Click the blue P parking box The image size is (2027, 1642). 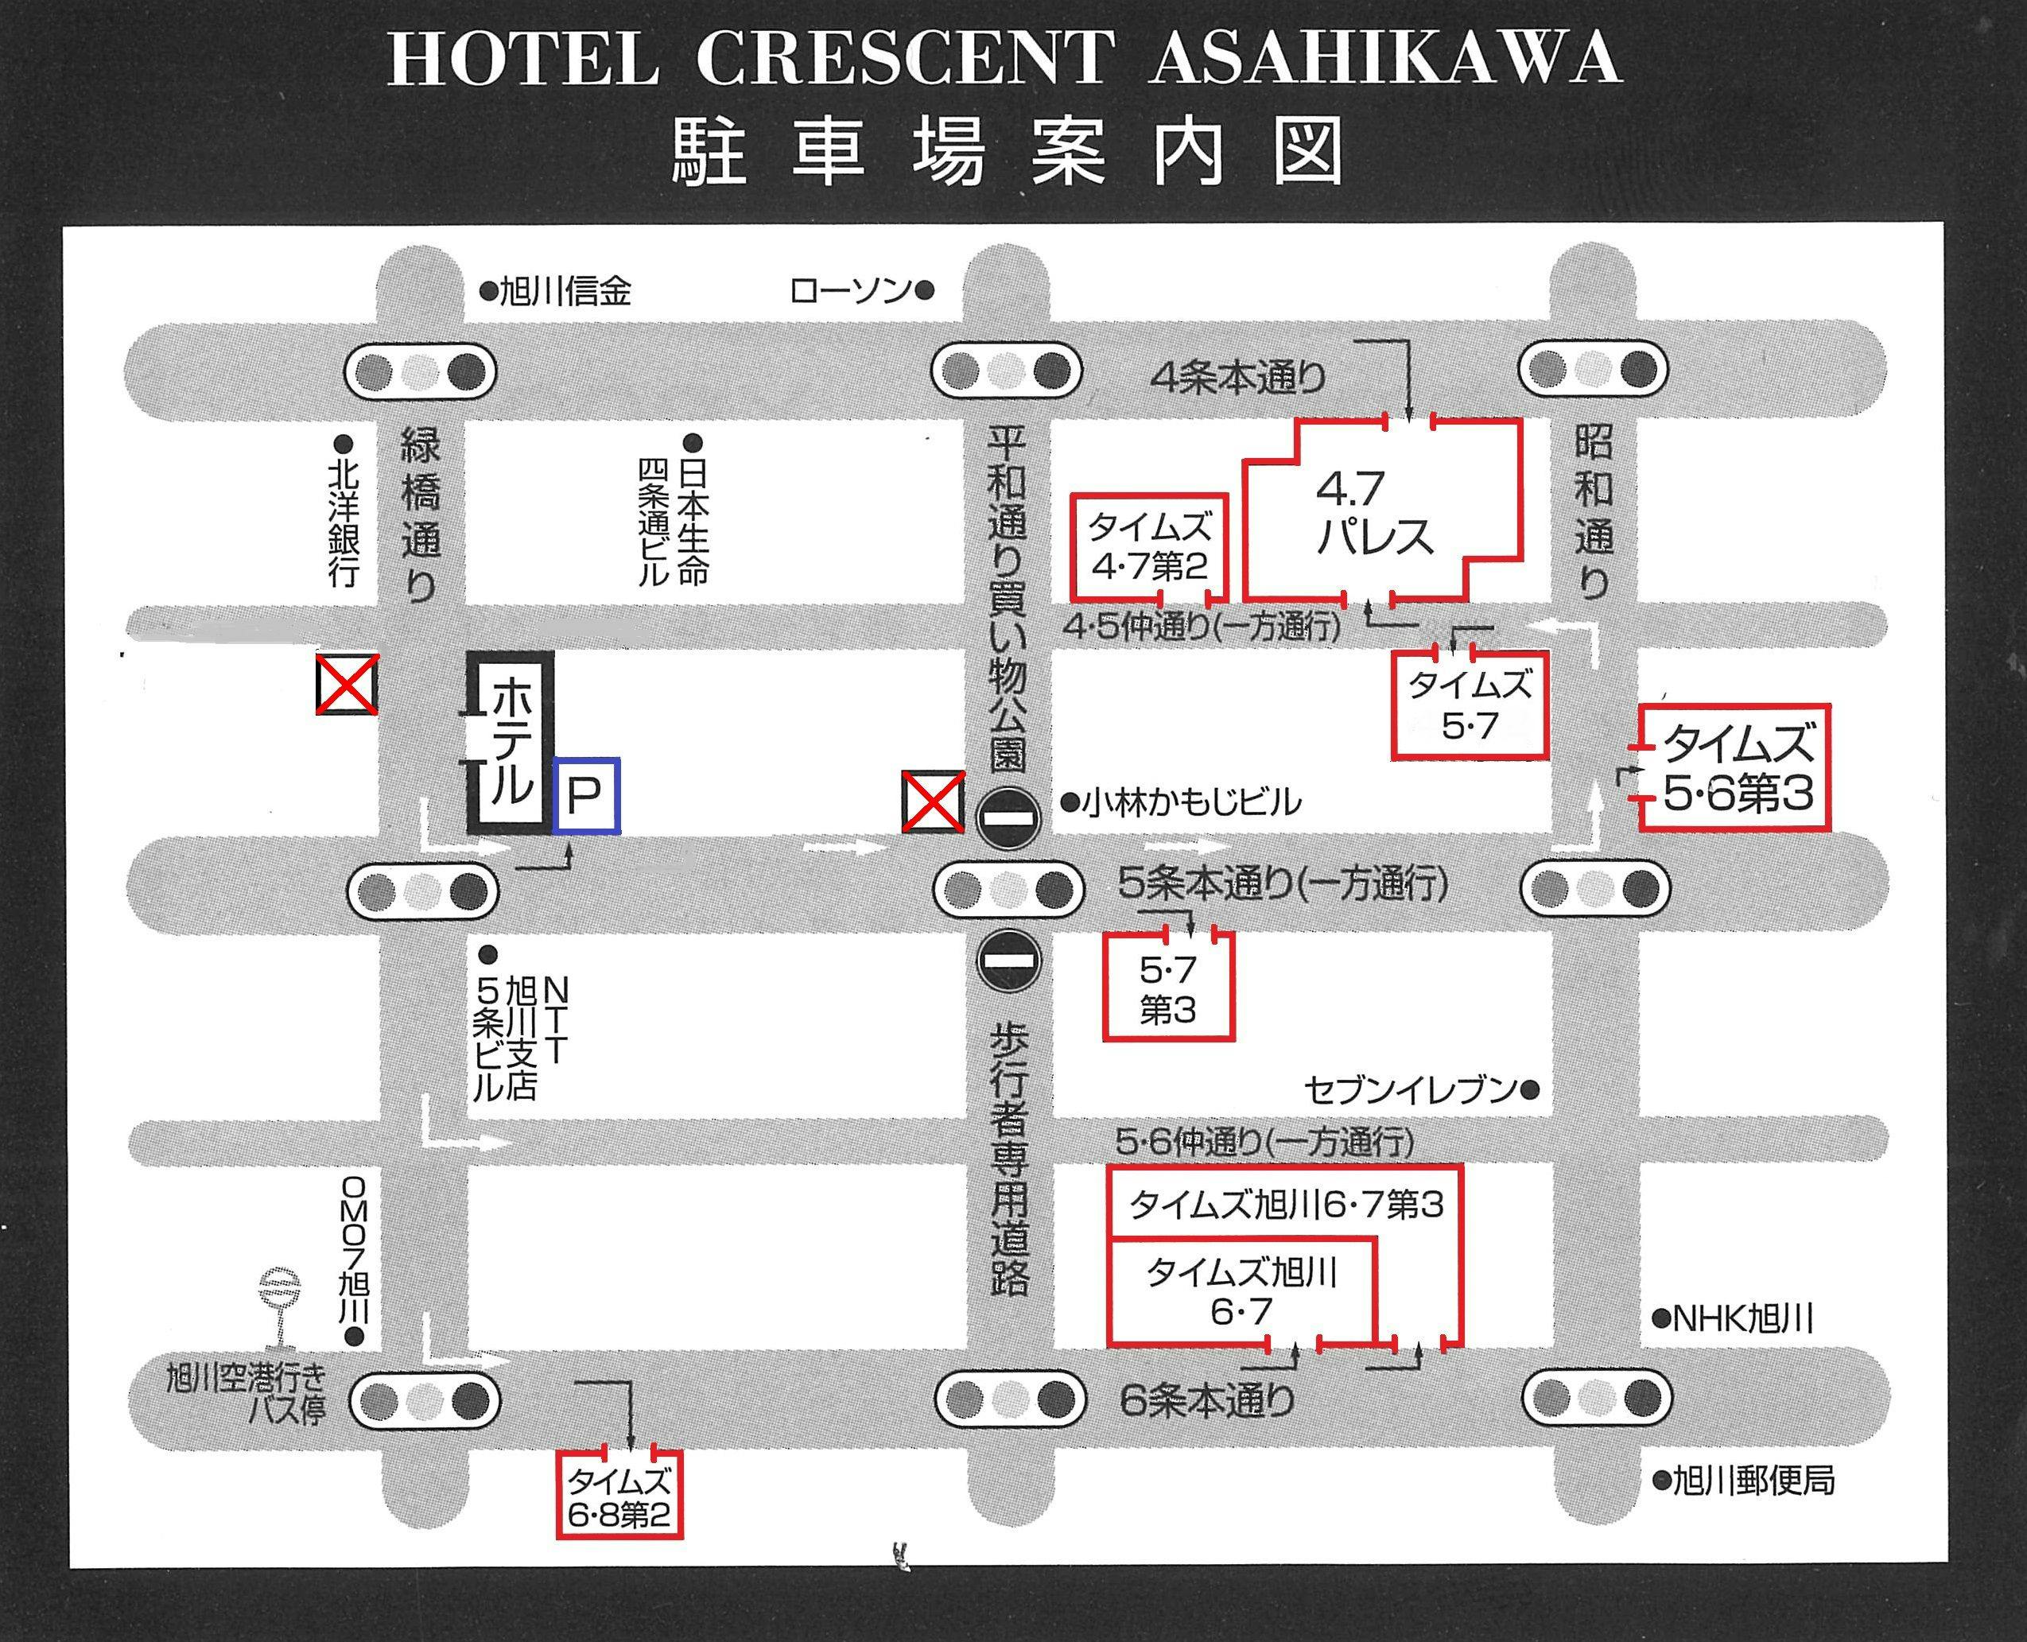[x=586, y=795]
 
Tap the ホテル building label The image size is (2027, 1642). [x=511, y=742]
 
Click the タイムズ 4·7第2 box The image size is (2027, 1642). [x=1149, y=547]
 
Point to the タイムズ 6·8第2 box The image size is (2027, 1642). [x=619, y=1497]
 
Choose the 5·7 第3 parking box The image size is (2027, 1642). [x=1168, y=989]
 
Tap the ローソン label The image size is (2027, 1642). [x=850, y=290]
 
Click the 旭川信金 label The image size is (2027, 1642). [x=565, y=290]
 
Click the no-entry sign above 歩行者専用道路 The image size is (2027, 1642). [x=1009, y=960]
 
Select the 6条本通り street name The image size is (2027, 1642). [x=1207, y=1399]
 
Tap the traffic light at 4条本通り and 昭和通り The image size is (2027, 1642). [x=1594, y=370]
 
